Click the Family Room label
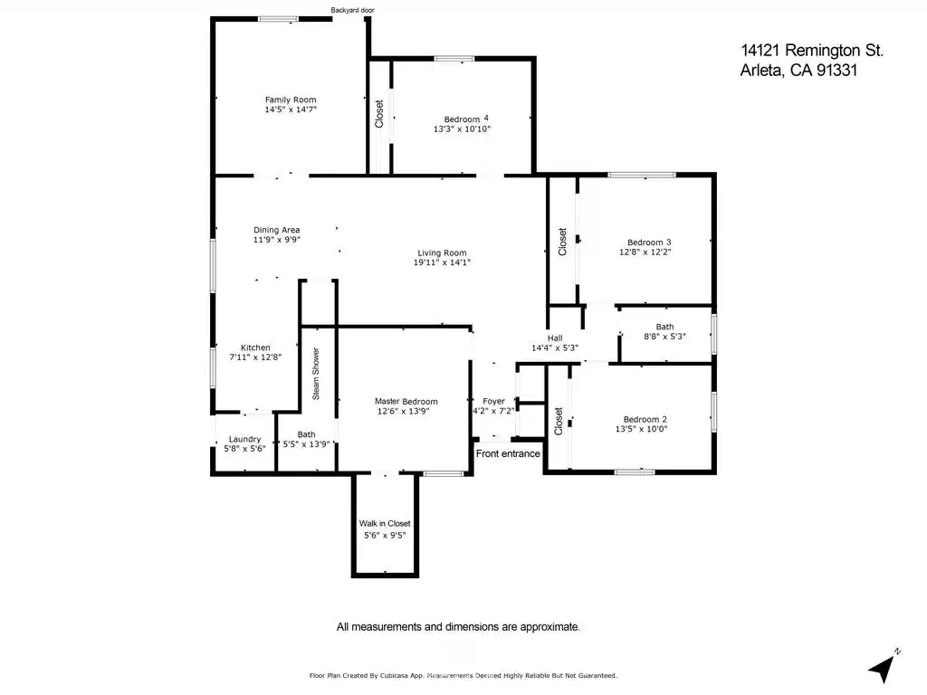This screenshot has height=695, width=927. point(291,100)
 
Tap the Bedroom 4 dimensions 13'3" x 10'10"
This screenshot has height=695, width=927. point(462,129)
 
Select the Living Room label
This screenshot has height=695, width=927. point(442,253)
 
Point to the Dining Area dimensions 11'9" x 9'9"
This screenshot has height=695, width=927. point(277,239)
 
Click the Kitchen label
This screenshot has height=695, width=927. point(255,347)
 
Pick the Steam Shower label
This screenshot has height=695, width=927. point(316,374)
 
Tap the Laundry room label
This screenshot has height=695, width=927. point(244,439)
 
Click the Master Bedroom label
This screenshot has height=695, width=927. point(406,401)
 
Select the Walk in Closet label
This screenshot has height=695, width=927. point(385,523)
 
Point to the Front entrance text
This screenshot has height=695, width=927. point(508,453)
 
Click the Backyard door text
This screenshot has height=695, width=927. point(352,10)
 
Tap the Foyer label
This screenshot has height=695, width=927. point(493,401)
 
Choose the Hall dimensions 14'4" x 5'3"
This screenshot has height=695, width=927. point(555,348)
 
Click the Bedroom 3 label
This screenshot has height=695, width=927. point(649,243)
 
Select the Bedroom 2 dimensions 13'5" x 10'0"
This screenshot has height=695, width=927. point(641,429)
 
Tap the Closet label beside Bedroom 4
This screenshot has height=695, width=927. point(379,113)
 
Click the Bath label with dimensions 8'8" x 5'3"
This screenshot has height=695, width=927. point(664,327)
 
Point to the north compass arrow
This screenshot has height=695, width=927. point(883,669)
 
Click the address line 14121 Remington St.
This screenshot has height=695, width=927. point(812,51)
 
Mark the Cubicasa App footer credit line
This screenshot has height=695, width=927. point(463,675)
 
